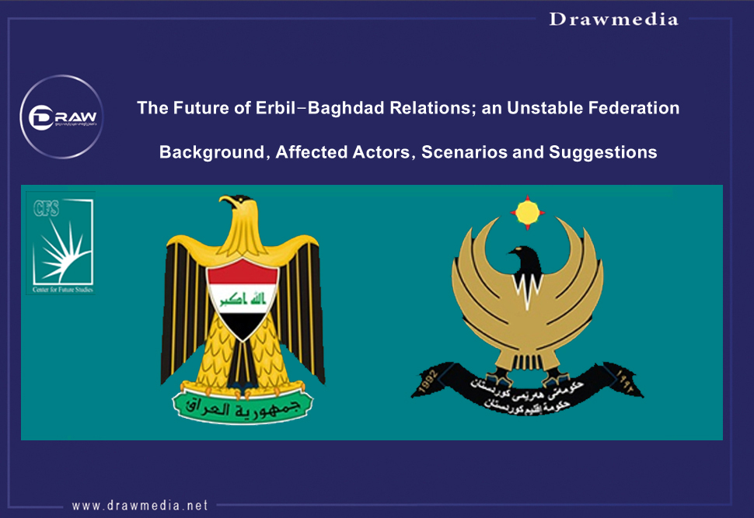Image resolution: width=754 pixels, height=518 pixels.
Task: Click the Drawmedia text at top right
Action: coord(613,19)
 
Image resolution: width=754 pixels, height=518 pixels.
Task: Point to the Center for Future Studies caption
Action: coord(60,289)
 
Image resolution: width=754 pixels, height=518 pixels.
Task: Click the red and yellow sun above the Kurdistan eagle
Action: coord(527,211)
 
